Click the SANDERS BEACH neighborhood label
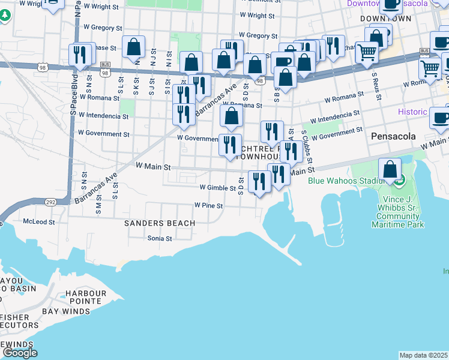(x=159, y=223)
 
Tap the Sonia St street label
(x=160, y=238)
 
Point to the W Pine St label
(x=208, y=205)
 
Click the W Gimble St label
(x=217, y=188)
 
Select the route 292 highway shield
(x=50, y=202)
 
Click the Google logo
(x=20, y=353)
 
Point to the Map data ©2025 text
(x=423, y=355)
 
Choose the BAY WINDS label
(x=66, y=311)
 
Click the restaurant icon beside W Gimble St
(x=259, y=181)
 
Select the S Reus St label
(x=375, y=86)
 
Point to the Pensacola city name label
(x=393, y=136)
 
